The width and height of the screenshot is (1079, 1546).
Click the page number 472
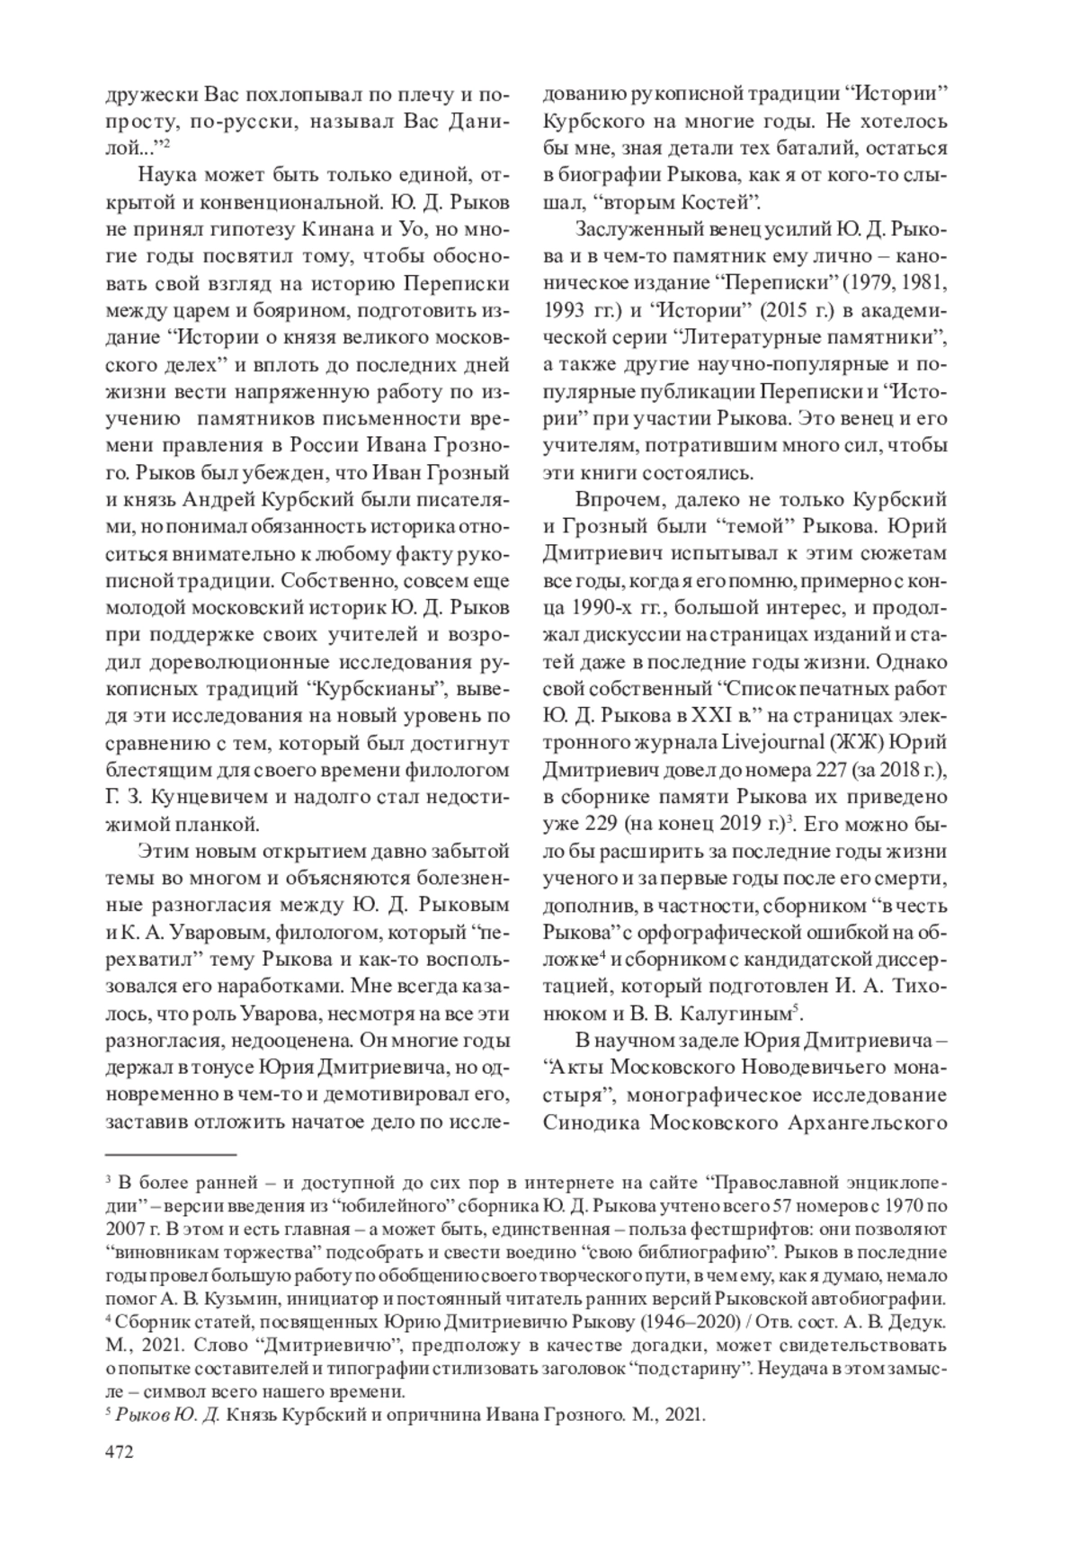(x=120, y=1452)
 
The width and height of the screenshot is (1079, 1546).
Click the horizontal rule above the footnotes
(x=170, y=1153)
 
